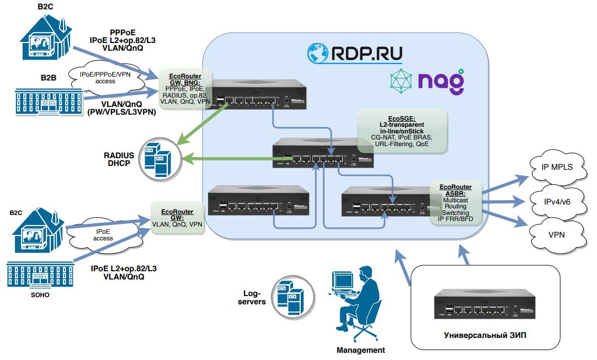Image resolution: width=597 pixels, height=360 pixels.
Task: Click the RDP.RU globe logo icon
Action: point(318,53)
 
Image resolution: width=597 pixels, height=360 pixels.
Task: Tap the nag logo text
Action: point(440,81)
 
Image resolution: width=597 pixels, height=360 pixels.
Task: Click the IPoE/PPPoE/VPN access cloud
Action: point(105,78)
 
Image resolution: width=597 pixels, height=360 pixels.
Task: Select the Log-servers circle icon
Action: point(290,298)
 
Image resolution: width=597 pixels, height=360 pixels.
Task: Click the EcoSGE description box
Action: point(401,131)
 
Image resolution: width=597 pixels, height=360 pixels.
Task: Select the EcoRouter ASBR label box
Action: point(456,202)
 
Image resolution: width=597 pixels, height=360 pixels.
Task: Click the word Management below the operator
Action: point(361,350)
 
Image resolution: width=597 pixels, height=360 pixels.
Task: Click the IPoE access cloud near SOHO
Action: point(104,234)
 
